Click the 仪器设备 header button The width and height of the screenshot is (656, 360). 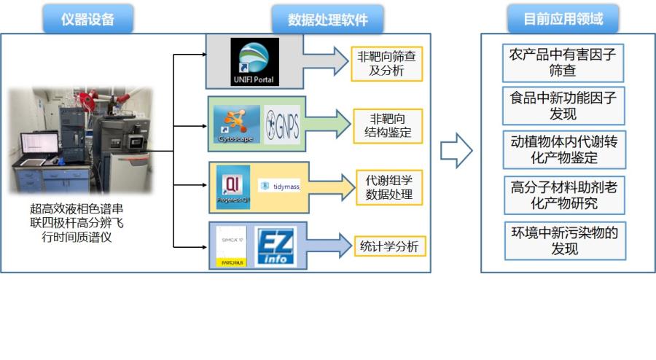tap(87, 19)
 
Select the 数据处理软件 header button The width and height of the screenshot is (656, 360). tap(327, 19)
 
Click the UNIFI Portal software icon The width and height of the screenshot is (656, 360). tap(254, 61)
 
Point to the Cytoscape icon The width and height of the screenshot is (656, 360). tap(237, 123)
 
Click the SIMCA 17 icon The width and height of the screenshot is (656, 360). tap(230, 246)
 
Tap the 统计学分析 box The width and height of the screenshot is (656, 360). tap(390, 246)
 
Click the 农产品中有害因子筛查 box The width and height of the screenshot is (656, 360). tap(563, 63)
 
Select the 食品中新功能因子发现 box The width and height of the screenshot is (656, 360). tap(563, 106)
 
